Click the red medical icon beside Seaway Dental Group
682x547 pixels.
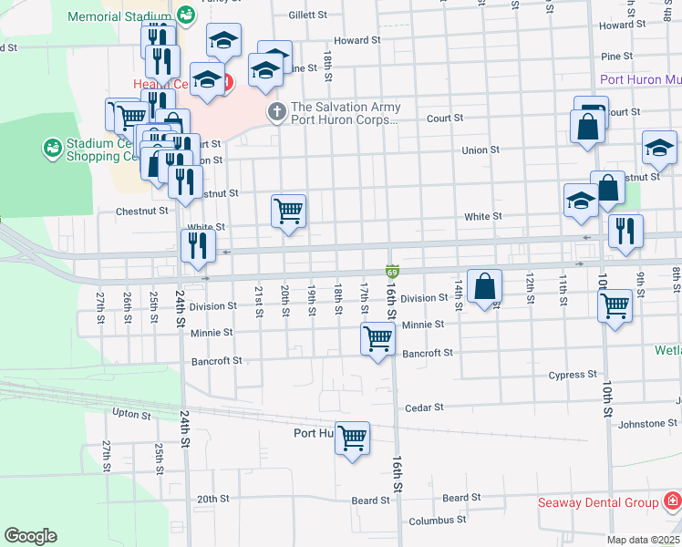(x=671, y=502)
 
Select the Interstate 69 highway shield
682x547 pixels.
(x=391, y=272)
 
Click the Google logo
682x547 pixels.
(x=30, y=536)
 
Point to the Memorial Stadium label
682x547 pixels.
(x=119, y=16)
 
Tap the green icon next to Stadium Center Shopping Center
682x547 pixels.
(x=52, y=147)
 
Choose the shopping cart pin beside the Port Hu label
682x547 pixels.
(x=352, y=439)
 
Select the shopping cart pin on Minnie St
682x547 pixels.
(x=377, y=339)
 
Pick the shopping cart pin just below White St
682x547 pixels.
(x=288, y=212)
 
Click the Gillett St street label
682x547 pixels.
(x=307, y=15)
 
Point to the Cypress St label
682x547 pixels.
(x=573, y=375)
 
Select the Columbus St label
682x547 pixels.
(x=437, y=520)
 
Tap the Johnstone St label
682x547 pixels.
(x=647, y=424)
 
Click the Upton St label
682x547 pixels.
(x=130, y=415)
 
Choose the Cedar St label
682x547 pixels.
(x=424, y=408)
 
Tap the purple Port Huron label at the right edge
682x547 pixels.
(x=640, y=79)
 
